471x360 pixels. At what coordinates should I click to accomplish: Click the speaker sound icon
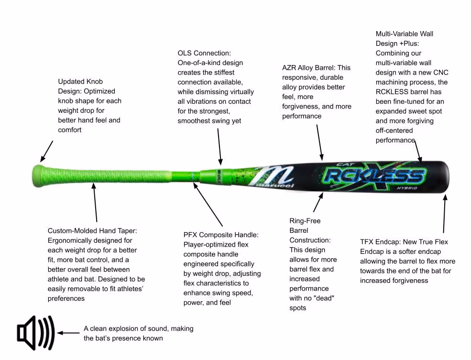[x=36, y=333]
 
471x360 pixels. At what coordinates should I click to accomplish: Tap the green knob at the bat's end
[x=38, y=175]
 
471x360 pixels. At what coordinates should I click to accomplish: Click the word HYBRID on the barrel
[x=407, y=188]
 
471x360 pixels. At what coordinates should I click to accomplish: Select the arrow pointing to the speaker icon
[x=68, y=333]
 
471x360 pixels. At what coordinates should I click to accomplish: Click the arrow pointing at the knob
[x=47, y=151]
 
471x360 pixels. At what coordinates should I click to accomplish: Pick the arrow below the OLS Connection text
[x=219, y=147]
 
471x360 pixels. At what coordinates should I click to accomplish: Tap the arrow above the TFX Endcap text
[x=445, y=214]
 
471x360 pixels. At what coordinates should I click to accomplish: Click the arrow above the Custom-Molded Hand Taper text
[x=95, y=203]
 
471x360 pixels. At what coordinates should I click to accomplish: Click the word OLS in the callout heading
[x=185, y=53]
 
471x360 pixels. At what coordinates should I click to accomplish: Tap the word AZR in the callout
[x=289, y=68]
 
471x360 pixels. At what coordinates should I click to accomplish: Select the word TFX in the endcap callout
[x=366, y=242]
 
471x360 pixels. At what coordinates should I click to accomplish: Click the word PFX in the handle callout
[x=190, y=235]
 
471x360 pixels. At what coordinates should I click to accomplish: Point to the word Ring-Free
[x=305, y=221]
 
